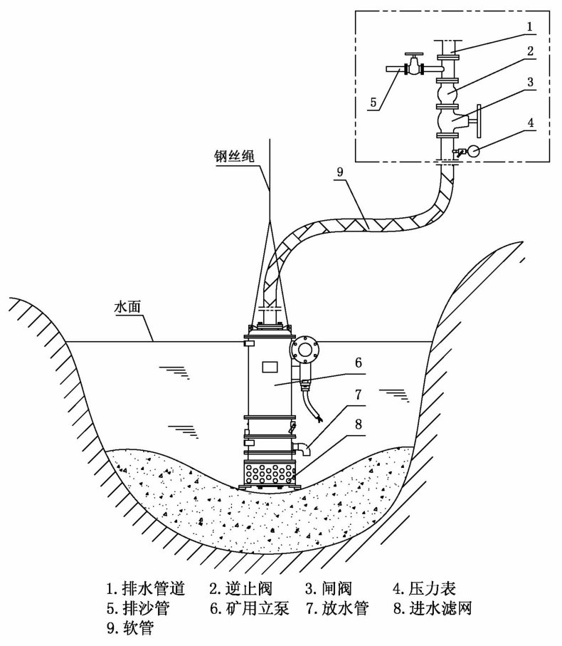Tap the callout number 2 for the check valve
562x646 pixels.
click(x=530, y=52)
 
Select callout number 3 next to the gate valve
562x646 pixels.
click(x=530, y=83)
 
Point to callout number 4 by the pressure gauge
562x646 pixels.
click(x=530, y=123)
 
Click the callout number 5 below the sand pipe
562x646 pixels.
click(x=373, y=102)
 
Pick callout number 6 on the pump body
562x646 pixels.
click(x=358, y=362)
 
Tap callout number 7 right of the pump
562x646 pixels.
click(x=358, y=393)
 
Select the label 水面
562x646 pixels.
click(x=128, y=308)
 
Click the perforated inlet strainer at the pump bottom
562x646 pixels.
click(x=270, y=472)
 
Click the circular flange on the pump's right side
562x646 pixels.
click(x=305, y=349)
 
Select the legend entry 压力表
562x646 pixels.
click(x=430, y=588)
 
